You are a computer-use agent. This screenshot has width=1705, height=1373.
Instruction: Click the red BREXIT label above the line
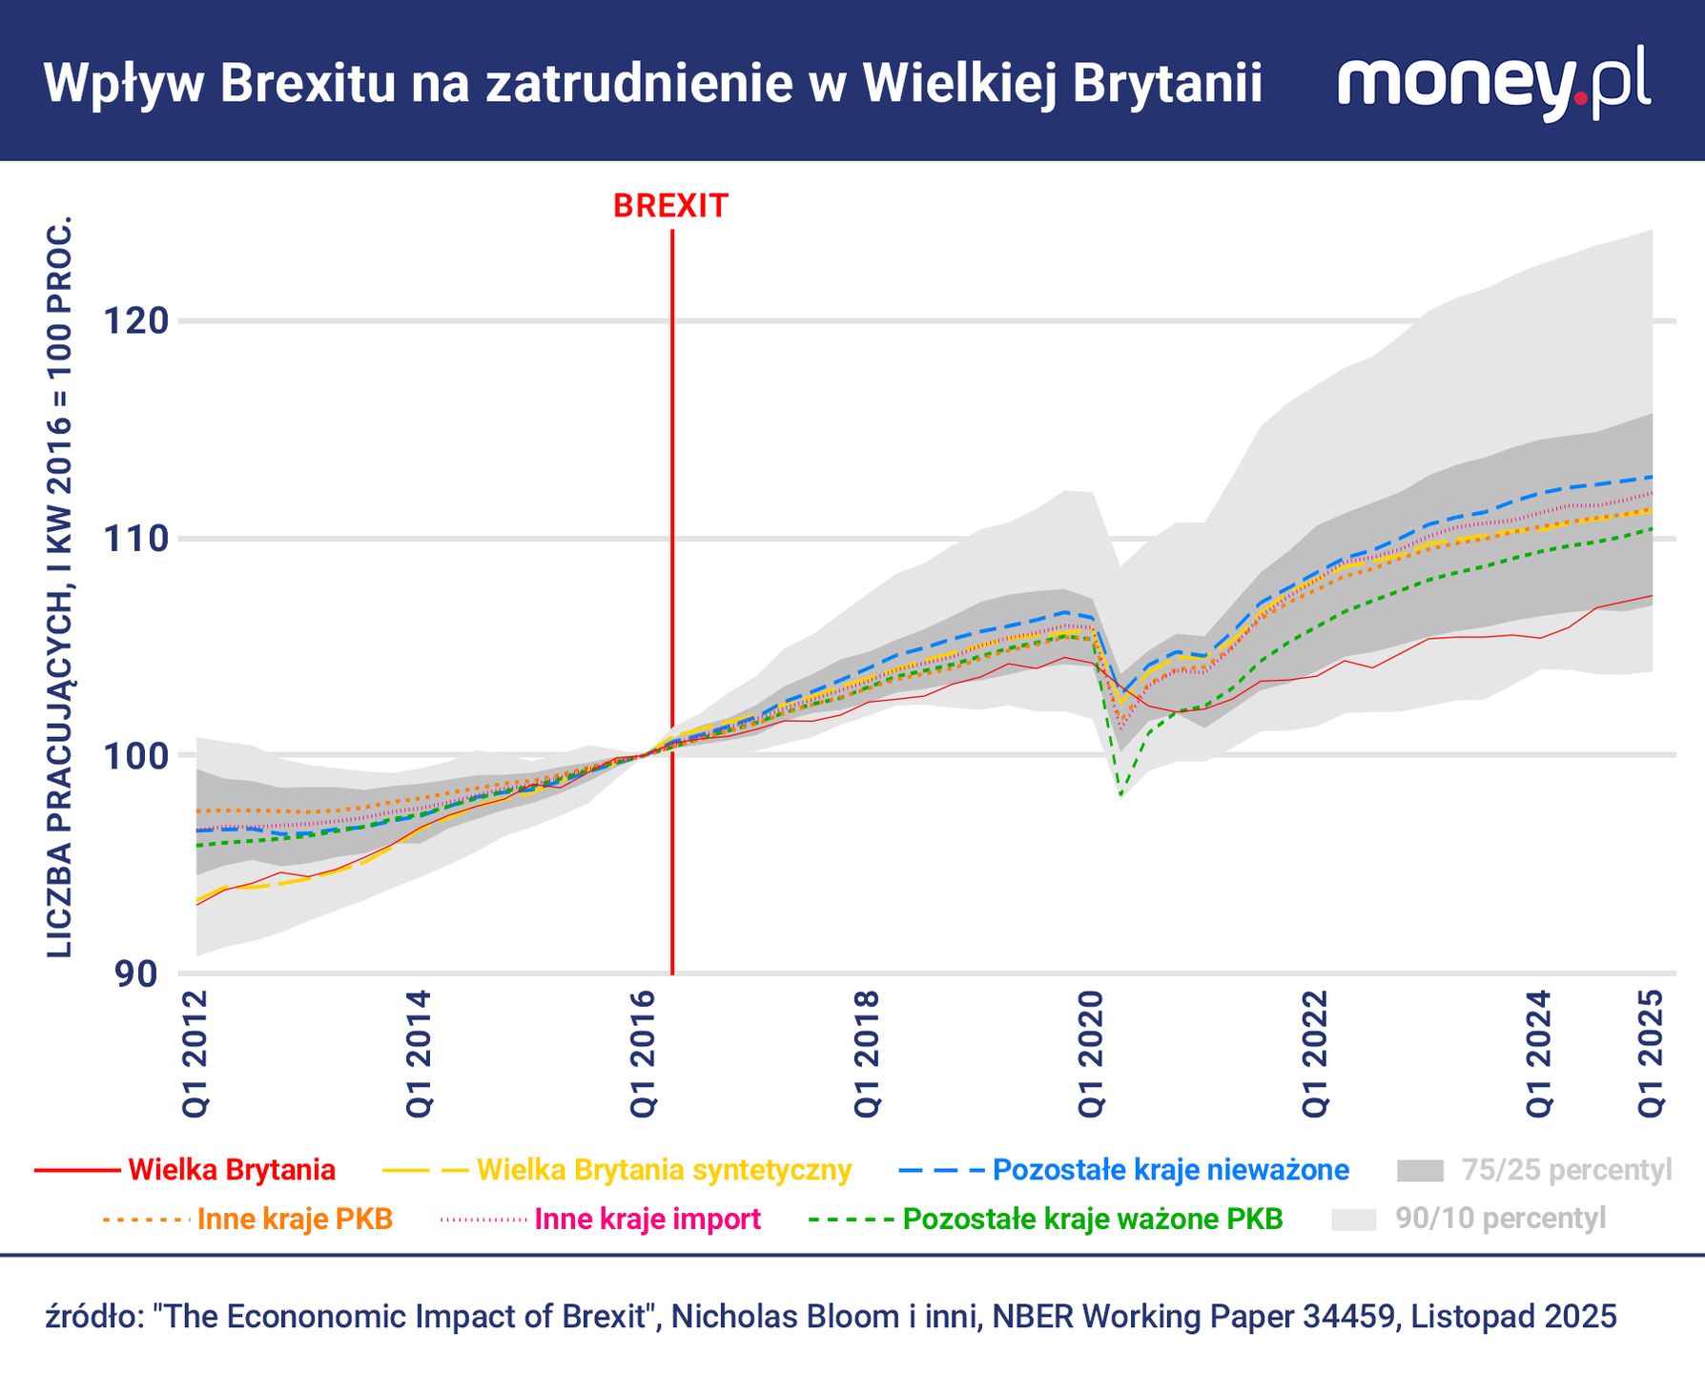pos(670,206)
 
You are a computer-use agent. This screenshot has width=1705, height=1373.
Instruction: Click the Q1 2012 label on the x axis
pos(195,1053)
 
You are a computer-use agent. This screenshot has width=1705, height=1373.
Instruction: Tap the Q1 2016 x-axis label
pos(644,1053)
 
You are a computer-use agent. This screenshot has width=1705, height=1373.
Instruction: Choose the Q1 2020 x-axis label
pos(1092,1053)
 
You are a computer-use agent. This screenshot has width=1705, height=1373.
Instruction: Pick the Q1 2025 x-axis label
pos(1652,1053)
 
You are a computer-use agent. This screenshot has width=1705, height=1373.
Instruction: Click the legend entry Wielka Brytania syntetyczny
pos(663,1170)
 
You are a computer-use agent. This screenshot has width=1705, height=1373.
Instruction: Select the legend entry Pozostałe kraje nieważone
pos(1170,1170)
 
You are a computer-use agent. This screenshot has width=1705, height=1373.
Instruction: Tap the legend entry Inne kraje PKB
pos(295,1219)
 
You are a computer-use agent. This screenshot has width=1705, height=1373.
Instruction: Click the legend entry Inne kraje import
pos(647,1219)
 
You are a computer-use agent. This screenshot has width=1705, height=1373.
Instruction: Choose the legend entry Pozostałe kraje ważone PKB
pos(1092,1219)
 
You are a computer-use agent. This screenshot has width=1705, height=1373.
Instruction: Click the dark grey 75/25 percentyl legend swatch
pos(1420,1171)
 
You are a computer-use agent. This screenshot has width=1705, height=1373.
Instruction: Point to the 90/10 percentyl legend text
pos(1500,1219)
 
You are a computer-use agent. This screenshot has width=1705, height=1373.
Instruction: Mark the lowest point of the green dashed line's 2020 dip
pos(1121,794)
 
